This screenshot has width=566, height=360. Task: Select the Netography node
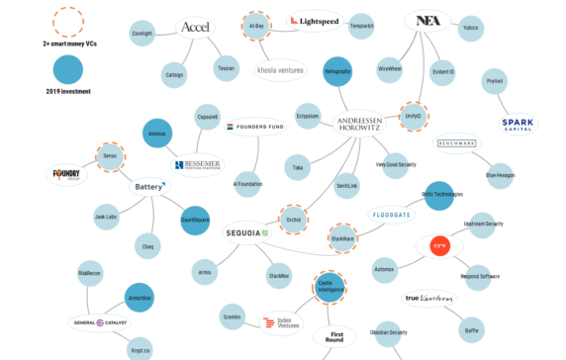tap(338, 71)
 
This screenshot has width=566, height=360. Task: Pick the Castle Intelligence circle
tap(330, 288)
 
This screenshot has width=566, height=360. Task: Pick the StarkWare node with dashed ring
tap(342, 237)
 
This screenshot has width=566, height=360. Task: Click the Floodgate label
tap(392, 214)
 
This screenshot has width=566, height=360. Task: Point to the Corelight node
tap(141, 32)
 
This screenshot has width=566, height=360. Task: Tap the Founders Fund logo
tap(257, 127)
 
